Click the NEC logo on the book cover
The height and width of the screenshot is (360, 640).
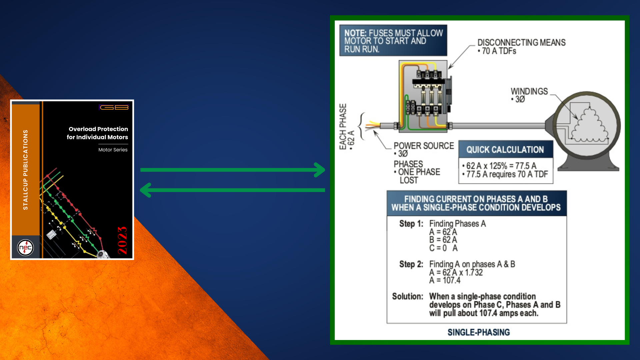point(25,248)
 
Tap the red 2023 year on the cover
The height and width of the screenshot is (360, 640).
point(122,240)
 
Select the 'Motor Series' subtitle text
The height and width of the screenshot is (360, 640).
point(113,150)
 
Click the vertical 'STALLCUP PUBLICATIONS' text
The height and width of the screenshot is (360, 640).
point(25,170)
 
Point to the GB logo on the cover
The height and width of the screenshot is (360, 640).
point(114,107)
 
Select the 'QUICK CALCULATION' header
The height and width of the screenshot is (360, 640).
point(505,150)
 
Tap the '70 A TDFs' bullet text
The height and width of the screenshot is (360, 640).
point(499,51)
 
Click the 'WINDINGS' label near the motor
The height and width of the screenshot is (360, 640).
point(529,91)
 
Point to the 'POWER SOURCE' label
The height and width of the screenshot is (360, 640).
point(424,146)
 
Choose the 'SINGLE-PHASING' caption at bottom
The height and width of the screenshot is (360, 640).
point(478,332)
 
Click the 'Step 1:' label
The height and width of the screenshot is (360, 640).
point(411,224)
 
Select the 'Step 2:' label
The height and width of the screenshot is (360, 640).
point(411,264)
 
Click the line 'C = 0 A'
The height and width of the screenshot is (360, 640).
point(443,248)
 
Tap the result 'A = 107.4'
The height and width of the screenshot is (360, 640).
point(445,280)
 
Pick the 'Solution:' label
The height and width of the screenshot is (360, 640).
point(407,296)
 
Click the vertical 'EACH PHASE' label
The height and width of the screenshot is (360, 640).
point(343,127)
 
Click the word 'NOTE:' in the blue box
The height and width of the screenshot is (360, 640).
point(355,33)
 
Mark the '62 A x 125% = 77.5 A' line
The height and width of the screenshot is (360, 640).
point(501,166)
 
